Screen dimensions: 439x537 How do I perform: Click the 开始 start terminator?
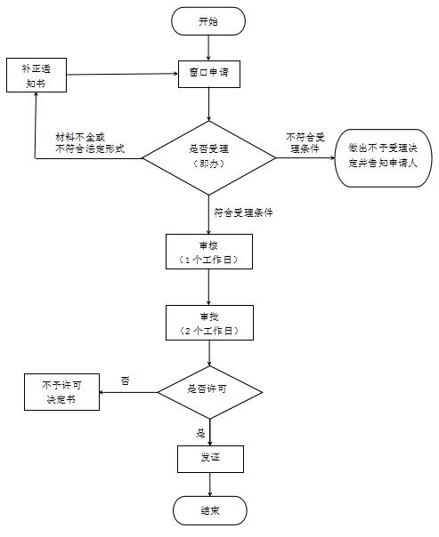(208, 21)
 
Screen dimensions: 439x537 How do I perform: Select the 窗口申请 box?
(209, 74)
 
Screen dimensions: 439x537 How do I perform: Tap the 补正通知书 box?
(37, 75)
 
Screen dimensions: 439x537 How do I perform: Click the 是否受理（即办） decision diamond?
(209, 158)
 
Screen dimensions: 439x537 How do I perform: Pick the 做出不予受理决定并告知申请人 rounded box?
(383, 158)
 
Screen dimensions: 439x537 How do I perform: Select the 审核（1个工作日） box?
(209, 252)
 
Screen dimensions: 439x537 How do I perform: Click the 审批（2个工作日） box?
(209, 323)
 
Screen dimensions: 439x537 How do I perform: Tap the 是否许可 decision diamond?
(209, 392)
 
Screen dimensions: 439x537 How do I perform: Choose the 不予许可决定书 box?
(61, 392)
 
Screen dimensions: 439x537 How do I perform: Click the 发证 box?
(210, 459)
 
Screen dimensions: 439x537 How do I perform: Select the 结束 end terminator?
(210, 510)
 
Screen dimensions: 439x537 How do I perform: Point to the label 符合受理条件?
(243, 212)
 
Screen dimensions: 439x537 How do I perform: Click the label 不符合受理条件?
(305, 143)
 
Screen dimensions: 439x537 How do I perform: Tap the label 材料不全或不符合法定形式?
(90, 143)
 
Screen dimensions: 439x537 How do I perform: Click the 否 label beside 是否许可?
(126, 381)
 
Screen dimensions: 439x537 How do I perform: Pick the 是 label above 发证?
(201, 433)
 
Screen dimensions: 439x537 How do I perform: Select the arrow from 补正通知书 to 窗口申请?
(122, 74)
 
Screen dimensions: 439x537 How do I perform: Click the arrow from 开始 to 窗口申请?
(208, 48)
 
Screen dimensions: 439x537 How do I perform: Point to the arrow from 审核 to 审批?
(209, 287)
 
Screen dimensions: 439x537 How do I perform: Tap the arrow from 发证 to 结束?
(210, 485)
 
